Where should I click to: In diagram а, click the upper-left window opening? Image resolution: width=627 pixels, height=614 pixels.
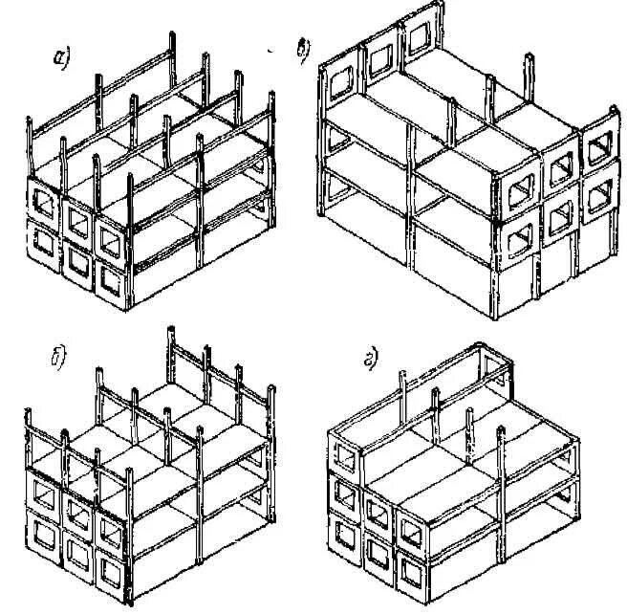click(x=44, y=202)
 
